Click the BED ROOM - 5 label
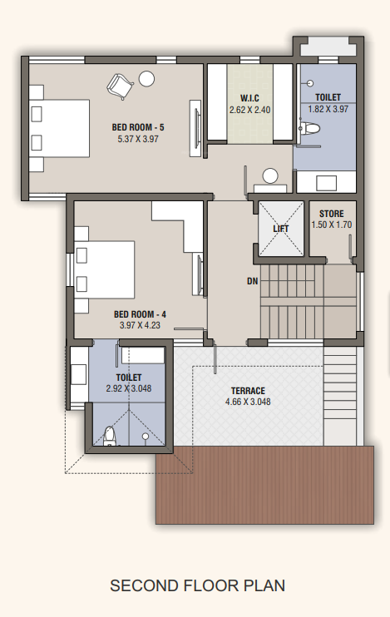(x=138, y=127)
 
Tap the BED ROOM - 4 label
(x=140, y=314)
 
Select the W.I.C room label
(x=249, y=98)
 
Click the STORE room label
(x=332, y=214)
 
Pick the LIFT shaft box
(x=281, y=228)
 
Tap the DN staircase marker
(x=252, y=281)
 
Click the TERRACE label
(x=248, y=391)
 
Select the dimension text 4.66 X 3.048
(x=248, y=402)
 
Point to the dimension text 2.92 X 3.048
(x=127, y=387)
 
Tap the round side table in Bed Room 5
(x=147, y=79)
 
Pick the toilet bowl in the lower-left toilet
(x=108, y=435)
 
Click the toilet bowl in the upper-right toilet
(x=310, y=128)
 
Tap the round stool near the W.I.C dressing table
(x=270, y=175)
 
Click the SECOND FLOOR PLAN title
(x=197, y=585)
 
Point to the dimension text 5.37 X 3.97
(x=138, y=139)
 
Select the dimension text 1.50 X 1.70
(x=332, y=225)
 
